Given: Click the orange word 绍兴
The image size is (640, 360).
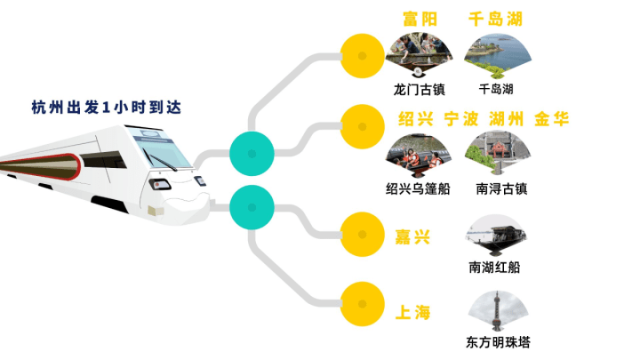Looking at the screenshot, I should tap(415, 120).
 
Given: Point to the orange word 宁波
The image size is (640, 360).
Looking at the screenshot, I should tap(460, 120).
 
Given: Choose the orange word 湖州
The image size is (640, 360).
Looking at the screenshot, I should tap(506, 120).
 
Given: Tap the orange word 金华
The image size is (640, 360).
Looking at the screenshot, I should tap(551, 120).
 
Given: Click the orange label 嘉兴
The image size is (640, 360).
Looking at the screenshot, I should tap(412, 236).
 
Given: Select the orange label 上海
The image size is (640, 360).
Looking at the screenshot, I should tap(412, 312).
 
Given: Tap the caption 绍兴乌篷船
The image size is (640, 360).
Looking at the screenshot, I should tap(419, 188).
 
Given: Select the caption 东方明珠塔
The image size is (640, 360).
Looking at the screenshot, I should tap(496, 342).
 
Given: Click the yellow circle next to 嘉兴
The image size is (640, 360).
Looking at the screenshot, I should tap(362, 234).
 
